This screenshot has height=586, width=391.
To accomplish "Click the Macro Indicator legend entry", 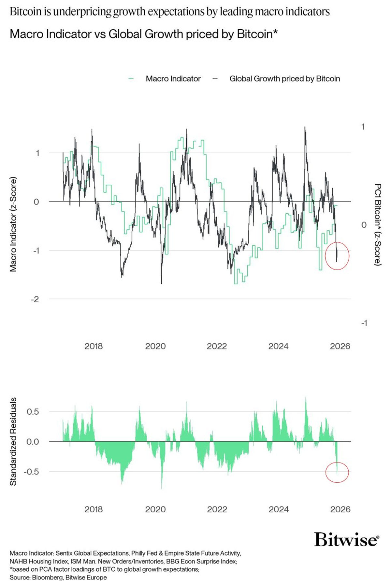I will point(173,79).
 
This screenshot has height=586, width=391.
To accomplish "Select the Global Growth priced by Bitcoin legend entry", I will point(284,79).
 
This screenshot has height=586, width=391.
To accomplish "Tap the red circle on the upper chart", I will point(337,256).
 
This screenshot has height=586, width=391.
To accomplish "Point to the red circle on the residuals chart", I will point(337,472).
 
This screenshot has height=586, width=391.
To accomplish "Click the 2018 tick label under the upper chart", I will point(94,346).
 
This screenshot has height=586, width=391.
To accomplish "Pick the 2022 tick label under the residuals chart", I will point(217,509).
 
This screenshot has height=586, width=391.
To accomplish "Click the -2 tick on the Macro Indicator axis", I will point(35,299).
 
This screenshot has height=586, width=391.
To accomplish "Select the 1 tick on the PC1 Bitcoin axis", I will point(363,127).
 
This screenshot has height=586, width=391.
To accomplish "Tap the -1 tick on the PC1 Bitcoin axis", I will point(364,323).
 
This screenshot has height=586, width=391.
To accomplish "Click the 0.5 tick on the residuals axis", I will point(33,411).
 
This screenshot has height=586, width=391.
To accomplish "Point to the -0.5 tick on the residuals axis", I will point(31,472).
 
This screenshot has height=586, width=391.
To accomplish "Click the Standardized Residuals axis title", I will point(13,441).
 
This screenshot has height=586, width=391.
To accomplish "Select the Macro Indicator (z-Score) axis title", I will point(13,224).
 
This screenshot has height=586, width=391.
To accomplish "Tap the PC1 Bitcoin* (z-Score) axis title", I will point(378,224).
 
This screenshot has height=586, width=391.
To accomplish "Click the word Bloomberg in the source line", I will point(47,578).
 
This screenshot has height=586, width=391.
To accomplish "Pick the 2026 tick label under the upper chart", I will point(340,346).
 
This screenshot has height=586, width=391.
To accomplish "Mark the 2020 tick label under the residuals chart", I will point(155,509).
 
